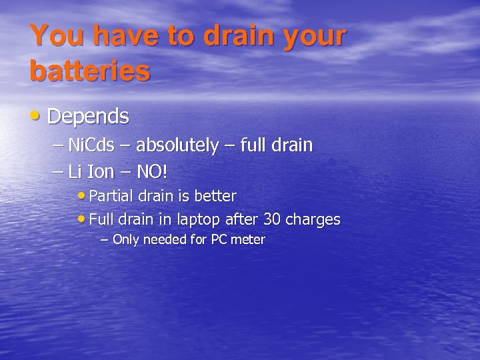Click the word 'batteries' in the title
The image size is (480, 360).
click(89, 71)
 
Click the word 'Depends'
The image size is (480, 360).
click(88, 117)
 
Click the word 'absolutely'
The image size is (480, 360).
click(177, 145)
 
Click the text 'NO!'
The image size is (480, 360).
click(152, 172)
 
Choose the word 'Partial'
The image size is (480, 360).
click(111, 196)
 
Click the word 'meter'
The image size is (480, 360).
click(249, 239)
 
